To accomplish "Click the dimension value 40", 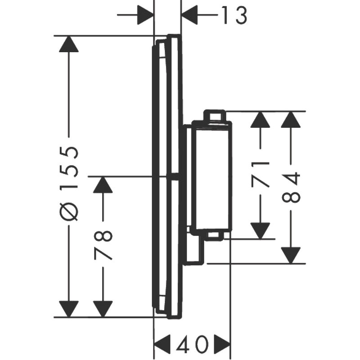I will click(x=193, y=345).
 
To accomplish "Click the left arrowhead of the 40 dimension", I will click(x=162, y=345).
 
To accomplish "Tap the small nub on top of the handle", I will click(x=214, y=116).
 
